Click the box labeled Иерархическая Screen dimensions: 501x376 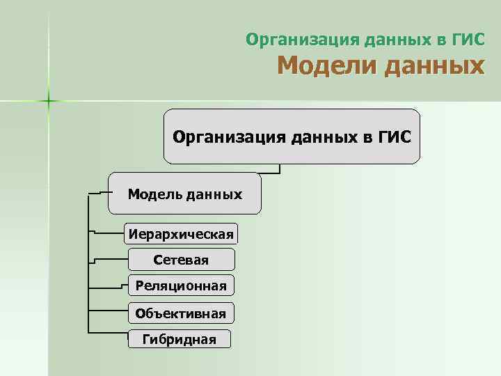pos(180,233)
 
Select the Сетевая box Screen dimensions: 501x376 pos(182,260)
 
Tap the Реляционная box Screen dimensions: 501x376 pos(181,285)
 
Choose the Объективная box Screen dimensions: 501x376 pos(181,313)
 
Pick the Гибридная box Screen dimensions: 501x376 pos(179,339)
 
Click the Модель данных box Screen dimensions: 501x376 pos(185,194)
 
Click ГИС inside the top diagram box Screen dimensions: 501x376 pos(394,136)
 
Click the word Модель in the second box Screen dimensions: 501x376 pos(154,194)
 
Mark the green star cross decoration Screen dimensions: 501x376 pos(49,102)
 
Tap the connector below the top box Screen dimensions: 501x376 pos(279,168)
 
